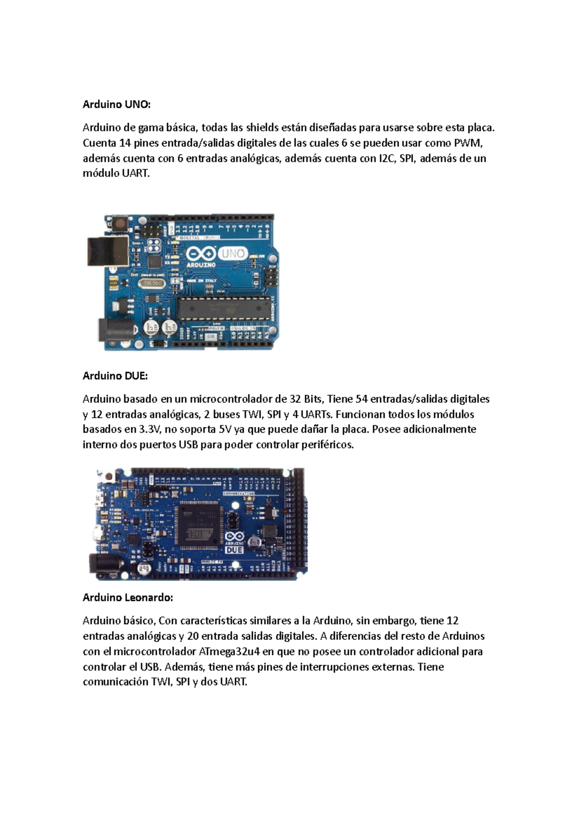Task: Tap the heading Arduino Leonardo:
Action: click(128, 597)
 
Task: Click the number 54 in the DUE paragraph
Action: click(362, 399)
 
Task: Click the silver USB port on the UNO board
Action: click(108, 253)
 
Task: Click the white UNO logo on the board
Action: click(234, 254)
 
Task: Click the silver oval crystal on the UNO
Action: click(153, 283)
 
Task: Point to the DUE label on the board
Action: click(234, 550)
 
